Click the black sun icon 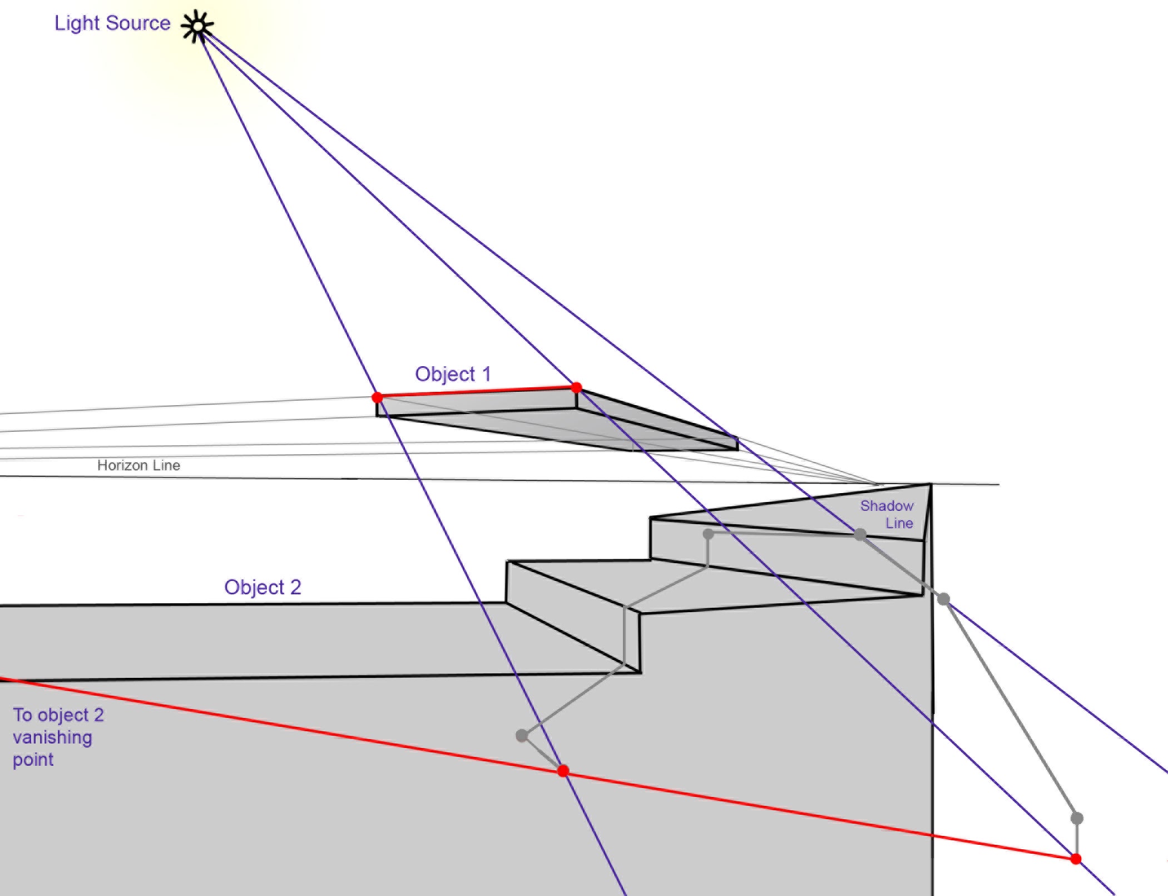(x=197, y=26)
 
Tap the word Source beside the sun (x=138, y=23)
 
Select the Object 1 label (x=453, y=375)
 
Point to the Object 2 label (x=263, y=588)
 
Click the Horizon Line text (x=138, y=465)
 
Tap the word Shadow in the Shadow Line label (x=887, y=506)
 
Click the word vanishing (x=52, y=738)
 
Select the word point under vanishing (x=33, y=760)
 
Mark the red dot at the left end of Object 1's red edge (x=377, y=397)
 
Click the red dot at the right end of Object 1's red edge (x=576, y=387)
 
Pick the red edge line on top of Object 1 (x=477, y=392)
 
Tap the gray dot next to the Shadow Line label (x=860, y=535)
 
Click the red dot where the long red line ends (x=1076, y=859)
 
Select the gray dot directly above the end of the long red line (x=1077, y=818)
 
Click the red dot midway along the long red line (x=563, y=771)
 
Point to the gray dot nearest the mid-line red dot (x=522, y=736)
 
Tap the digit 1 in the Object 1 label (x=487, y=374)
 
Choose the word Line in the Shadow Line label (x=899, y=523)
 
